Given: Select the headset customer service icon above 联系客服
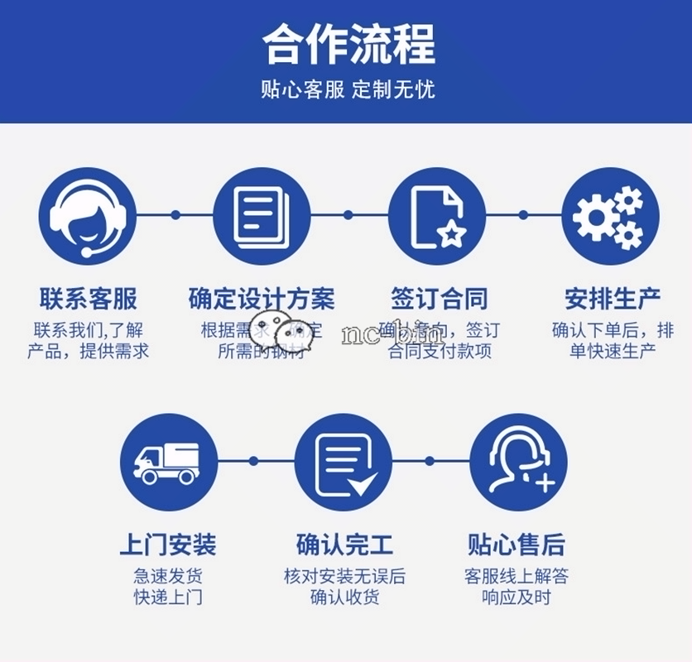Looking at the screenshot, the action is [x=87, y=214].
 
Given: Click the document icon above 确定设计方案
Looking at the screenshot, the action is [x=262, y=214].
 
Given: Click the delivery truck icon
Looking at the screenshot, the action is [x=169, y=462].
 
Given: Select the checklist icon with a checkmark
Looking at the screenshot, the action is [x=344, y=462].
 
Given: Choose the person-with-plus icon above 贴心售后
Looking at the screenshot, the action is [x=518, y=462].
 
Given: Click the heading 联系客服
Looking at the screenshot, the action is [x=88, y=299].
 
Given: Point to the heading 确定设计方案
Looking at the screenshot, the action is [x=262, y=299].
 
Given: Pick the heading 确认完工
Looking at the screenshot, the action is [x=344, y=545].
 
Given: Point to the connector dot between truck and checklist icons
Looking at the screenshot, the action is [x=254, y=461].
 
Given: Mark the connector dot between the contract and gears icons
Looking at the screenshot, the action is [x=522, y=214].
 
